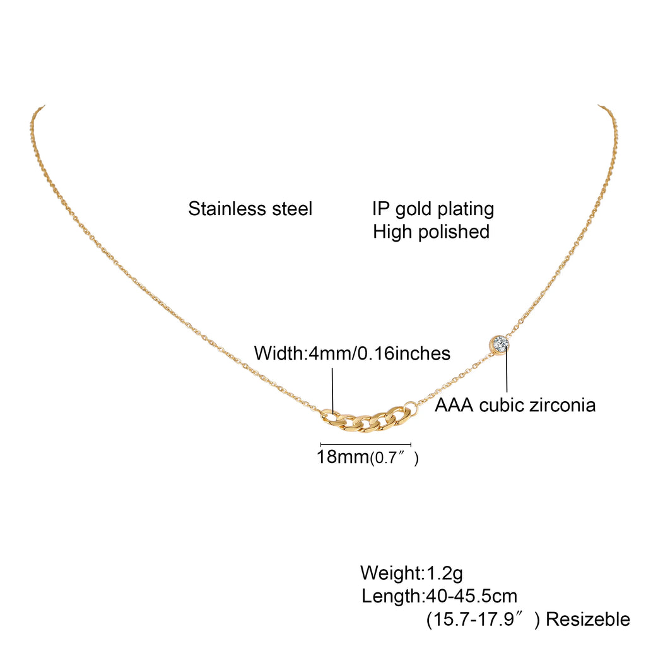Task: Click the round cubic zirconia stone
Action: (501, 344)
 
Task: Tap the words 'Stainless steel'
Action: (250, 209)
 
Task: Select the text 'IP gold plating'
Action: (433, 209)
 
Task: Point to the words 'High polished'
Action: (431, 232)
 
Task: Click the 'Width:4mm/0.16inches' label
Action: (352, 353)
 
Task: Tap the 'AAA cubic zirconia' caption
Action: (515, 404)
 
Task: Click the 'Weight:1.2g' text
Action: (411, 573)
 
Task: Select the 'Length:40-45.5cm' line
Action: (439, 596)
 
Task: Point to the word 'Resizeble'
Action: (587, 620)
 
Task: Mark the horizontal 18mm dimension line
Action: (366, 444)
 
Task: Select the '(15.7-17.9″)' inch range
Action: (483, 620)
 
